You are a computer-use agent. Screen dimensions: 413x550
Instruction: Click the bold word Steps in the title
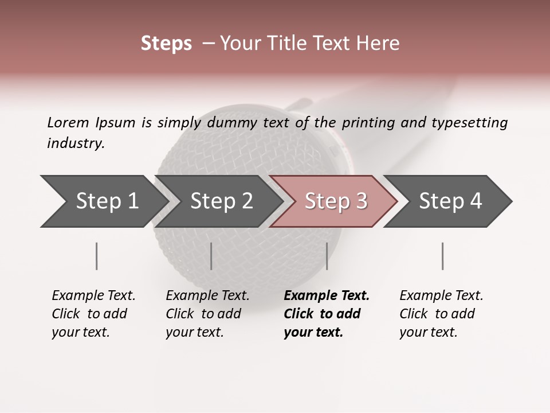pos(166,44)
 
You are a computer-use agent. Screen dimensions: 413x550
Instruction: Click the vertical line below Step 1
pos(97,256)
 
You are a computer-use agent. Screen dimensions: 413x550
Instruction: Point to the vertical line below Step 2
pos(211,256)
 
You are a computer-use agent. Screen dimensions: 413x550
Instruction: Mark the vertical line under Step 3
pos(327,256)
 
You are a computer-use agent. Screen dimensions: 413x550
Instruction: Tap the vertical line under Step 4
pos(442,256)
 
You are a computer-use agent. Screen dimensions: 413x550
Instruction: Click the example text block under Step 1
pos(93,314)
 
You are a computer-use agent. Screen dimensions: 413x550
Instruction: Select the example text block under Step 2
pos(207,314)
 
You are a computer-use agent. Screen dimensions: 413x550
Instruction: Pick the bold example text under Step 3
pos(327,314)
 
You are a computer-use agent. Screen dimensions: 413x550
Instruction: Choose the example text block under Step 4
pos(441,314)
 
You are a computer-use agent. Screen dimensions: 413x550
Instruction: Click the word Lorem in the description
pos(68,122)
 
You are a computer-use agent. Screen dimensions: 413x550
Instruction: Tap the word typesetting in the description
pos(474,123)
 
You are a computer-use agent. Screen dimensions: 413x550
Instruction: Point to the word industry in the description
pos(76,143)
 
